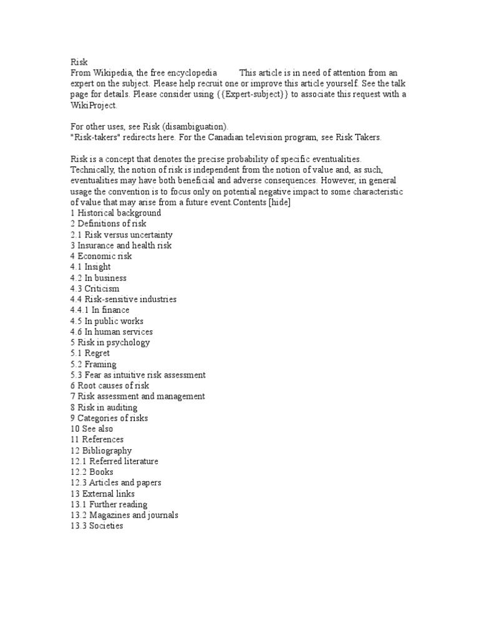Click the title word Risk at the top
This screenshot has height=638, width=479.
pyautogui.click(x=79, y=62)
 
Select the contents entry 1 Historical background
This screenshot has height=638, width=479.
pyautogui.click(x=116, y=213)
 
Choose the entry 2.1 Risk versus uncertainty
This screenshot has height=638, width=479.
pyautogui.click(x=122, y=235)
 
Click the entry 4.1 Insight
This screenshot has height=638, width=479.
pyautogui.click(x=91, y=267)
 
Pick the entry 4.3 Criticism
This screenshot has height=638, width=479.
pyautogui.click(x=95, y=288)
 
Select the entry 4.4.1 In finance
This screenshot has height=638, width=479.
pyautogui.click(x=100, y=310)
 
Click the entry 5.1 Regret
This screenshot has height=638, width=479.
pyautogui.click(x=90, y=353)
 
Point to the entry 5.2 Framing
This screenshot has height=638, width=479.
pyautogui.click(x=94, y=364)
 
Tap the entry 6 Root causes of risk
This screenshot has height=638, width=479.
pyautogui.click(x=110, y=386)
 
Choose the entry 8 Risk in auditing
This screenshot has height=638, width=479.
pyautogui.click(x=104, y=407)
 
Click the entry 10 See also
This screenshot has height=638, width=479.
pyautogui.click(x=92, y=429)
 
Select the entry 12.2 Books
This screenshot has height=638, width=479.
pyautogui.click(x=92, y=472)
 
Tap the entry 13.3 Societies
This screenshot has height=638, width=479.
pyautogui.click(x=97, y=526)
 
